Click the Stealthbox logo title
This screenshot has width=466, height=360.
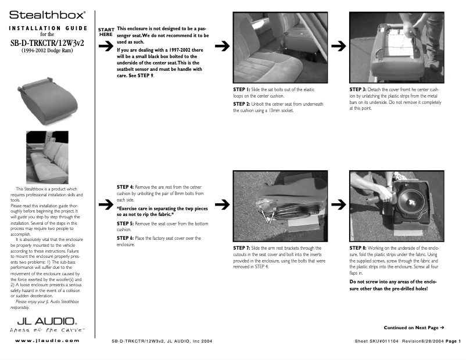click(x=48, y=13)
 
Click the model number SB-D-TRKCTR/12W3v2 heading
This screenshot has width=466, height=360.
click(x=48, y=42)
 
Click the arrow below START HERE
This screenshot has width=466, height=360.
click(x=105, y=48)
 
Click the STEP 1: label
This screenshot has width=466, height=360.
click(x=241, y=90)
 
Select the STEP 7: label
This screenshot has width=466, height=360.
click(x=241, y=248)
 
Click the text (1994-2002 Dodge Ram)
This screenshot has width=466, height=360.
click(x=48, y=51)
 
